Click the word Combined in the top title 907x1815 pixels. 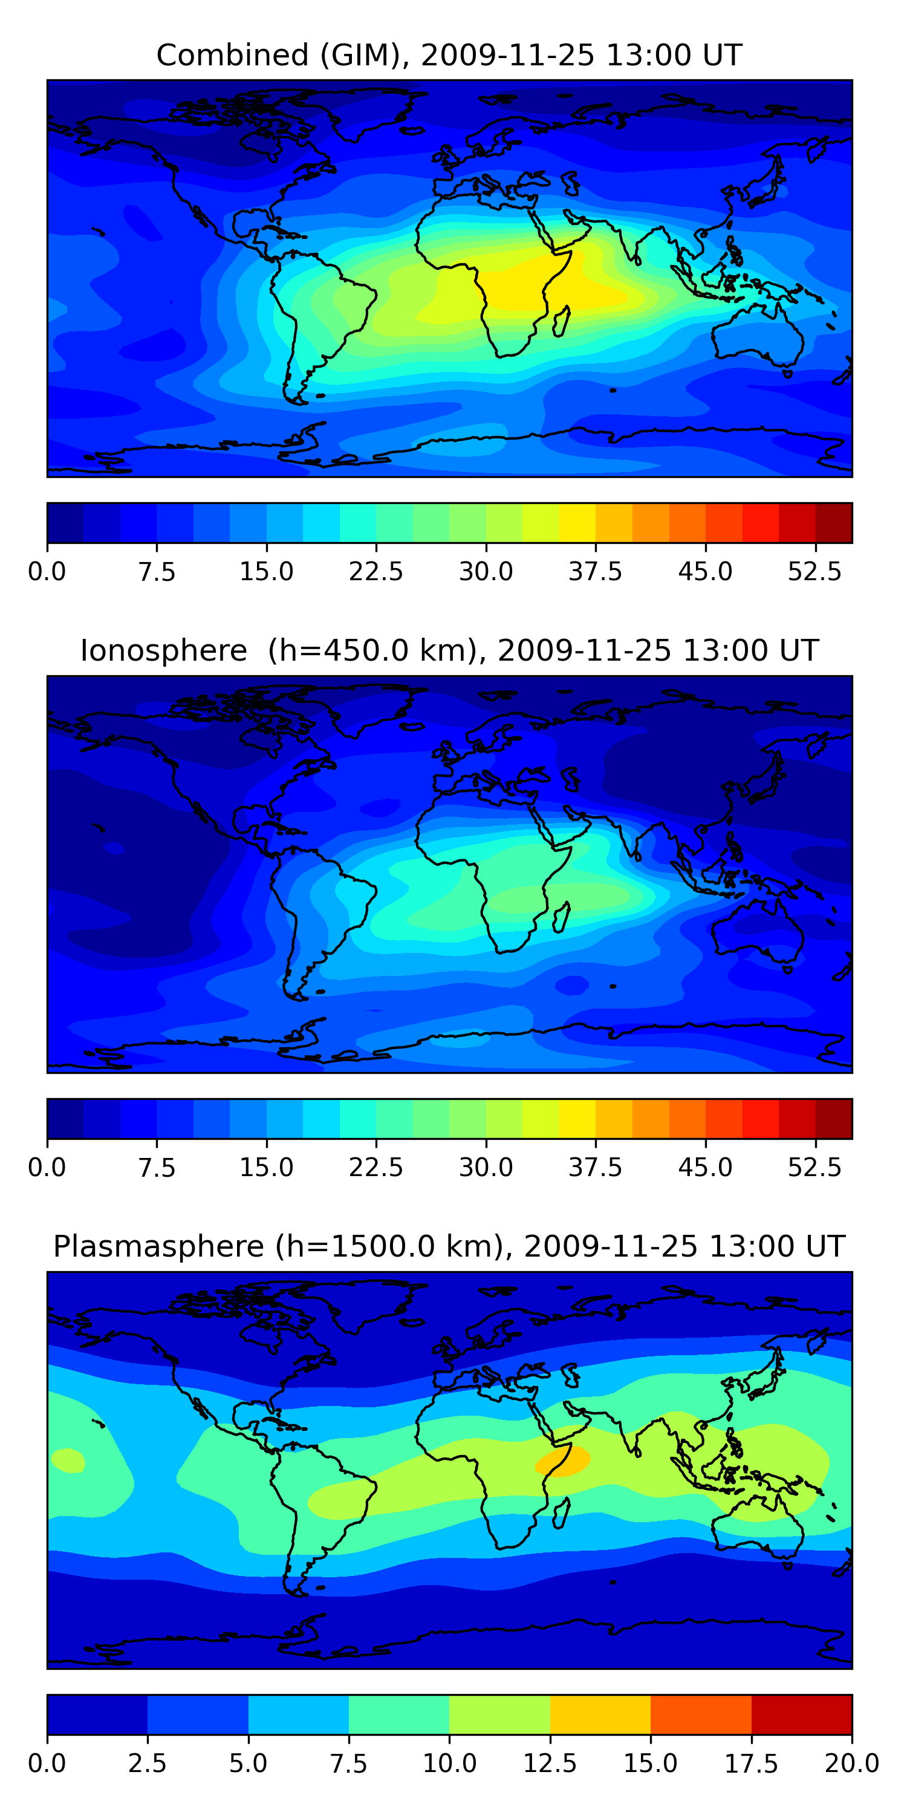(232, 55)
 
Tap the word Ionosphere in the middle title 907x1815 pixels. (163, 650)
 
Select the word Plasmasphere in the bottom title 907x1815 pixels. (158, 1247)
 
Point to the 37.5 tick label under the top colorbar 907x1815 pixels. (595, 571)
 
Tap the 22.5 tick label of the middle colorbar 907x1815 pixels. (376, 1168)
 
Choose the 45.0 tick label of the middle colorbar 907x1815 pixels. (705, 1168)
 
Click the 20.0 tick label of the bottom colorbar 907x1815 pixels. (852, 1764)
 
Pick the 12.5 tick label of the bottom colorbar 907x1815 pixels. (550, 1764)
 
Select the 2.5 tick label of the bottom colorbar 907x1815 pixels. (147, 1764)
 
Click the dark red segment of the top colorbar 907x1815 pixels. (834, 523)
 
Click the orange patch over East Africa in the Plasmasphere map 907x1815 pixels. (563, 1460)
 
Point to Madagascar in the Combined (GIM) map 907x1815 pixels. (561, 321)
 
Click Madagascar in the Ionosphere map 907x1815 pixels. (561, 917)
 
